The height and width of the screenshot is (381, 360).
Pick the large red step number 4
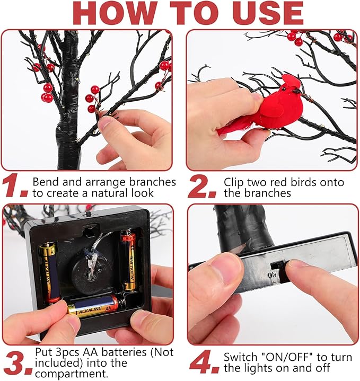pyautogui.click(x=205, y=361)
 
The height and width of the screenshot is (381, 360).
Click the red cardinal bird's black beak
pyautogui.click(x=297, y=92)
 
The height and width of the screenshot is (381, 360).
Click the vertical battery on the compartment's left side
pyautogui.click(x=50, y=273)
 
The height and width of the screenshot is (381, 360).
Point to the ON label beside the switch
pyautogui.click(x=273, y=275)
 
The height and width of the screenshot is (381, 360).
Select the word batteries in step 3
pyautogui.click(x=124, y=352)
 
